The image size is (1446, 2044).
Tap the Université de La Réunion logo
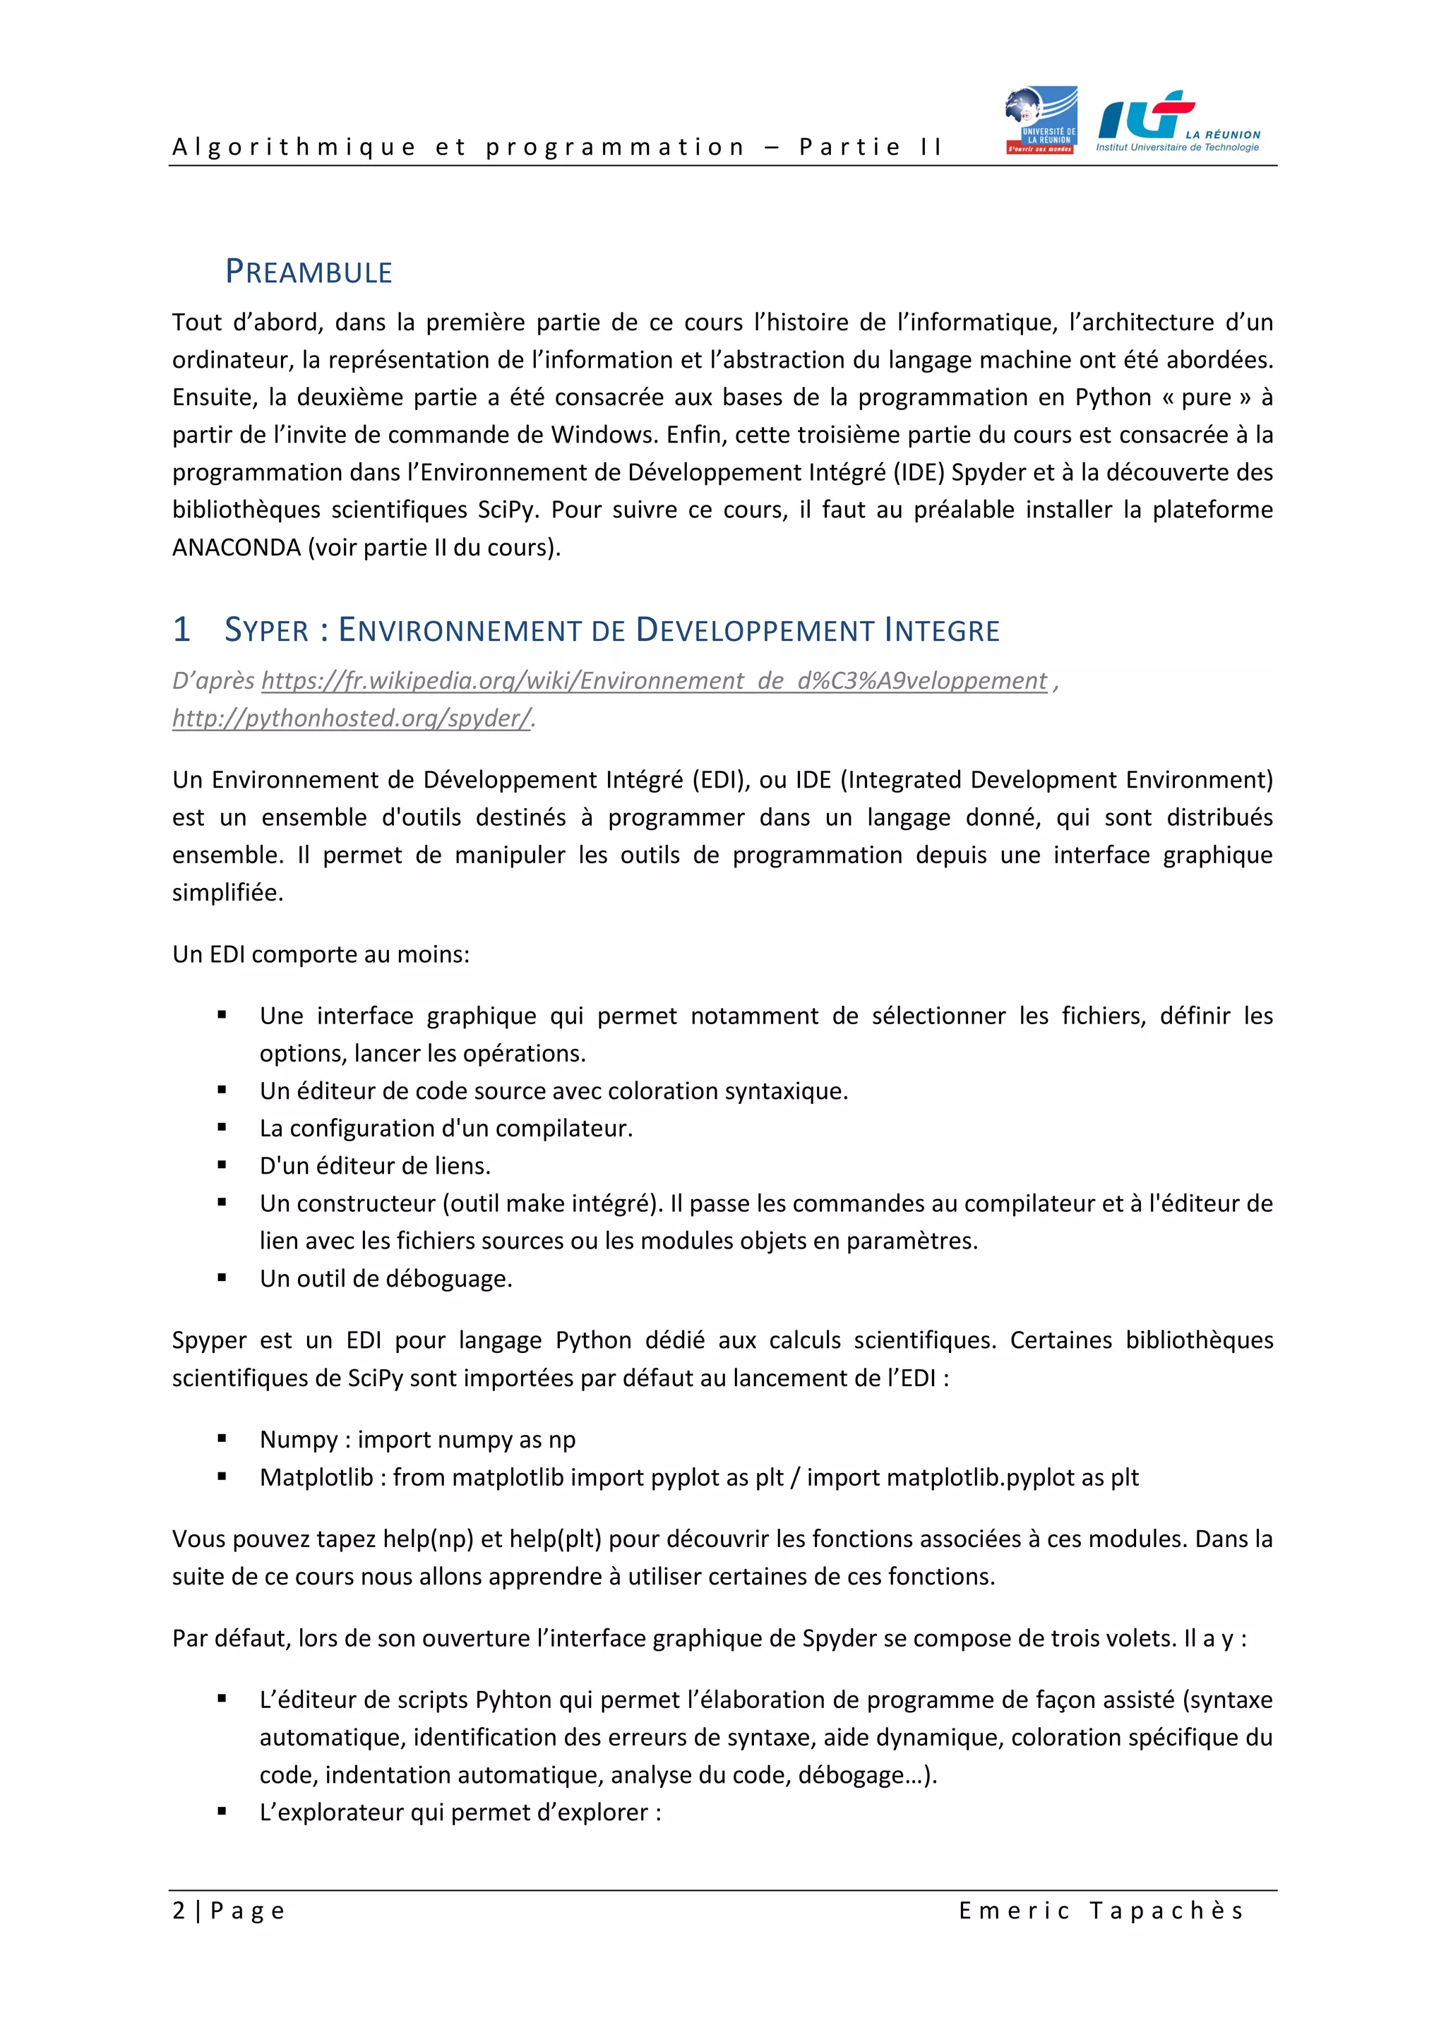(1041, 120)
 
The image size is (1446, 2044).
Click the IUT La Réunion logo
(1177, 122)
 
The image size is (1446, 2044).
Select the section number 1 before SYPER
(181, 630)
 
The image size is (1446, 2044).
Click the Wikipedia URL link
(654, 681)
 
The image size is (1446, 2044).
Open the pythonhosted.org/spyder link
(352, 719)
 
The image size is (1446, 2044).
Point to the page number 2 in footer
(179, 1911)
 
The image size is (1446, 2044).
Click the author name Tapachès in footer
(1166, 1911)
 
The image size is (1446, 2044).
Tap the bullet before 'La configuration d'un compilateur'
(222, 1128)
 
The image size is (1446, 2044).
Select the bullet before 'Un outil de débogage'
(222, 1278)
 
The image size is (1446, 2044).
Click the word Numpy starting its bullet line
(298, 1440)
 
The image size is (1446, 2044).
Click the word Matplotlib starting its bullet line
(316, 1477)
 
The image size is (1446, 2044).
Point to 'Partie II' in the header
(870, 147)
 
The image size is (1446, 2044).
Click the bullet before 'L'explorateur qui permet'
(222, 1812)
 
